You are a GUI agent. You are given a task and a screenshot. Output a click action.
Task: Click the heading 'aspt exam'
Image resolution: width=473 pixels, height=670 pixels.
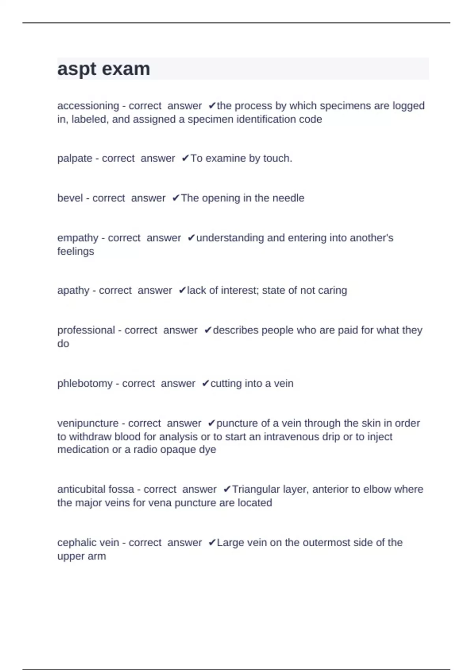(104, 69)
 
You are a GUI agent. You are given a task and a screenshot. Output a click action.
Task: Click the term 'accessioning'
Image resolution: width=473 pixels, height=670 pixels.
(88, 106)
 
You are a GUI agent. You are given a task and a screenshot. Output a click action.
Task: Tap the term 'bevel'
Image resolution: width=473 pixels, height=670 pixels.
(70, 198)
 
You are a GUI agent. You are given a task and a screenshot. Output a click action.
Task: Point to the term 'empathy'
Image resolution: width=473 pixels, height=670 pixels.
(78, 238)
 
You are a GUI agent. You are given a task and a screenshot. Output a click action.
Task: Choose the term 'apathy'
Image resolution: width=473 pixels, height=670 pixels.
(73, 290)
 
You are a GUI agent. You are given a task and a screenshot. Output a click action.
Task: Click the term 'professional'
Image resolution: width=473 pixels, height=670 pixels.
(86, 330)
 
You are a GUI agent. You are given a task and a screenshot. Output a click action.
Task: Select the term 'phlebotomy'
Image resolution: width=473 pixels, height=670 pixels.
(85, 383)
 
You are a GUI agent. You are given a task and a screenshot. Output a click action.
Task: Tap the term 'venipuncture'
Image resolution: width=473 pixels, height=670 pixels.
(88, 423)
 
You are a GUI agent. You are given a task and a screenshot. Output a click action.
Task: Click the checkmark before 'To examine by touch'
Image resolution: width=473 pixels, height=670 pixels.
(185, 158)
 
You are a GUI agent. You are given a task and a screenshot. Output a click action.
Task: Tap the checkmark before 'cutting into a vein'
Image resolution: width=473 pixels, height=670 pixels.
(205, 383)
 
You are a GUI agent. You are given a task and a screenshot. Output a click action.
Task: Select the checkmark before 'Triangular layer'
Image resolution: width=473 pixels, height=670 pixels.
(227, 489)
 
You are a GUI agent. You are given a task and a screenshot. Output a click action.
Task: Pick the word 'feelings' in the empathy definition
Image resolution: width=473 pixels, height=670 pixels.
(76, 251)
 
